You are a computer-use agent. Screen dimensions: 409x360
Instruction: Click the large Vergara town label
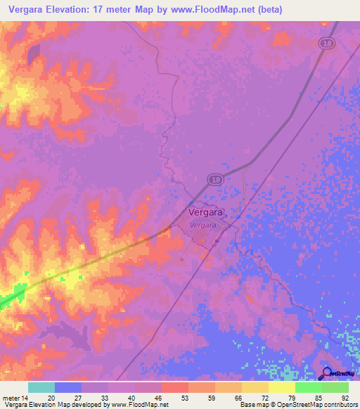205,210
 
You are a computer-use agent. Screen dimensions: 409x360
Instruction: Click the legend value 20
51,398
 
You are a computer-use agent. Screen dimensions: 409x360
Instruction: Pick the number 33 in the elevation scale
105,398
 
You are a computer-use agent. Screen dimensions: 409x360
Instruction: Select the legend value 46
159,398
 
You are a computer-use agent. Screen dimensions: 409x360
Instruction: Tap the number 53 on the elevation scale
186,398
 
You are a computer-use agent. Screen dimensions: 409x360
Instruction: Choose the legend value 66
239,398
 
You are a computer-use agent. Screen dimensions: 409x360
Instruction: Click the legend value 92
345,398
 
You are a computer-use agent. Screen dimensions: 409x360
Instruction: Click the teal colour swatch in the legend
41,387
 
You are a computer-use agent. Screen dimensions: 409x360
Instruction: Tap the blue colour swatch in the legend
68,387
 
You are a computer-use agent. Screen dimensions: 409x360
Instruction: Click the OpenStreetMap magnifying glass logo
326,373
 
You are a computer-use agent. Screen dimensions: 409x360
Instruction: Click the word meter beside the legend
11,398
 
